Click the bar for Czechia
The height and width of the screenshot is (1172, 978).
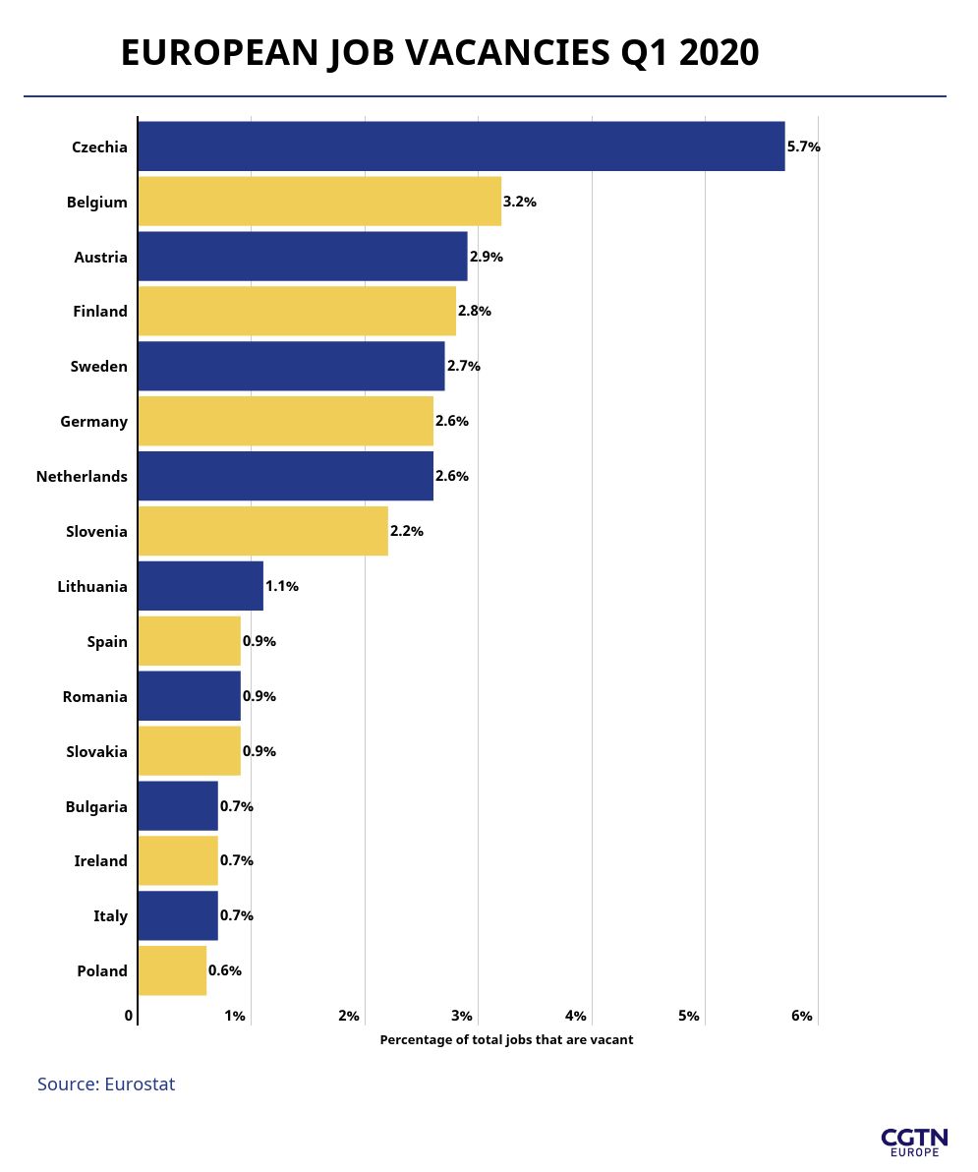[461, 146]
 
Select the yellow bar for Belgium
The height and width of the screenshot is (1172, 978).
[319, 202]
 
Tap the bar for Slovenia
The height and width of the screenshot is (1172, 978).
[262, 531]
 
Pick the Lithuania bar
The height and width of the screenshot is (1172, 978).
[201, 586]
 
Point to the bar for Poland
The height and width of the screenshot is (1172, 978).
[172, 970]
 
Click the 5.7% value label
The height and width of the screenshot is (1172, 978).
[804, 146]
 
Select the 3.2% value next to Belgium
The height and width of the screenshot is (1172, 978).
[520, 202]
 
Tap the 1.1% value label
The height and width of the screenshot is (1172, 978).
[282, 586]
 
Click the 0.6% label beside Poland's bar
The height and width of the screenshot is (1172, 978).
[225, 970]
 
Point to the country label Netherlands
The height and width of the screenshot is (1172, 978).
[82, 476]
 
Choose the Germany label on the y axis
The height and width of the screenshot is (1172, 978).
[93, 421]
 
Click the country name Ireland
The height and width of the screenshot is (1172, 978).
[100, 860]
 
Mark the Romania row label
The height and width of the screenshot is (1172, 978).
[94, 696]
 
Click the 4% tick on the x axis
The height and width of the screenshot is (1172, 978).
[576, 1016]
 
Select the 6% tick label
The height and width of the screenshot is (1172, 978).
[802, 1016]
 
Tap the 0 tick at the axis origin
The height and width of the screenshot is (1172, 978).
[129, 1016]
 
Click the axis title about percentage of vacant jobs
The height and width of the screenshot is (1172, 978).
[506, 1039]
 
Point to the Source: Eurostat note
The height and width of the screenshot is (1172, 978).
[106, 1084]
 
